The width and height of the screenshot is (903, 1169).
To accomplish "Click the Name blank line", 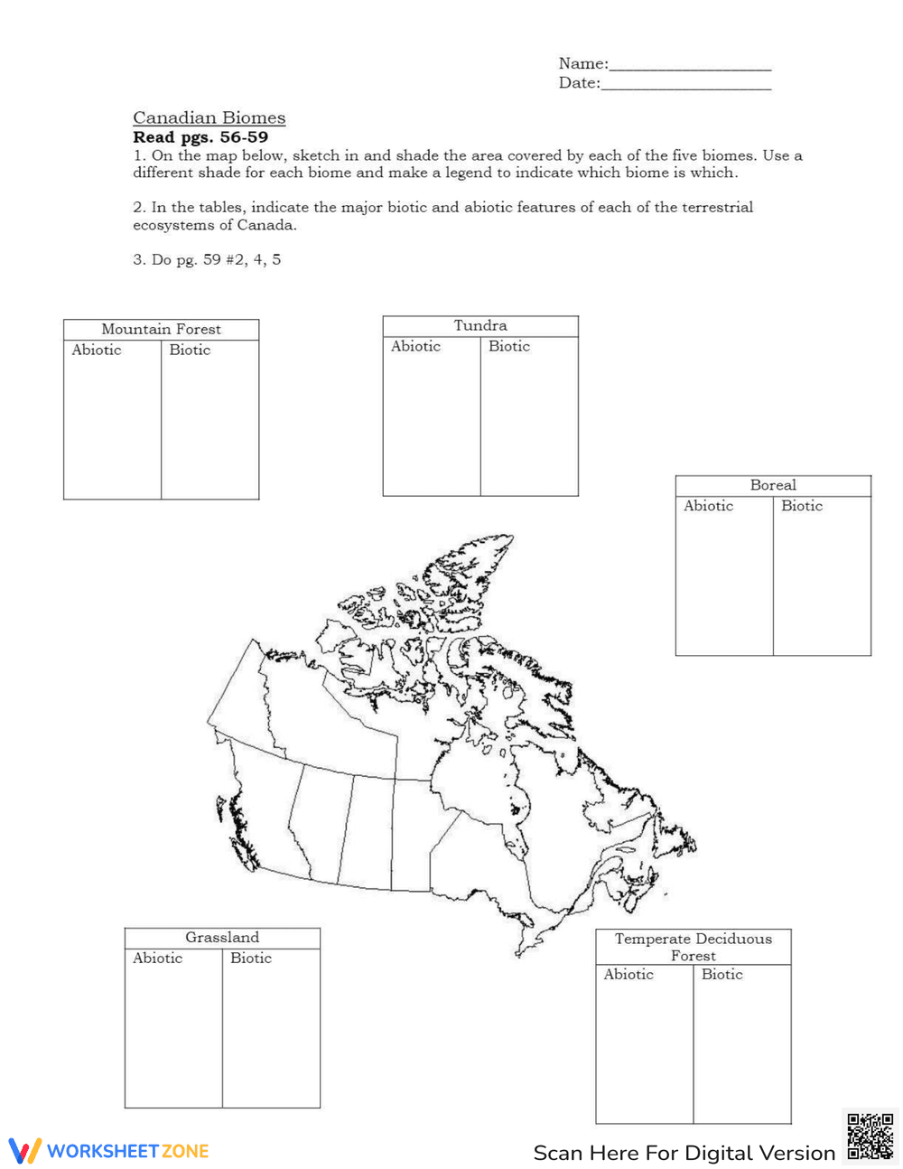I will click(x=690, y=66).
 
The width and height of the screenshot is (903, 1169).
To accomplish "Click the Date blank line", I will click(x=685, y=85).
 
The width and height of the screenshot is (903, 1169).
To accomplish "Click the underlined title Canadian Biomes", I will click(x=209, y=117).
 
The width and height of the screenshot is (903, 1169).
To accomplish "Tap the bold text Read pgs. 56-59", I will click(x=200, y=137).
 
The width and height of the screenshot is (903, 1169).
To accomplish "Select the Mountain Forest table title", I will click(x=161, y=330).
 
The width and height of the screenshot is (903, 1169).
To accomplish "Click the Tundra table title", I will click(x=480, y=326).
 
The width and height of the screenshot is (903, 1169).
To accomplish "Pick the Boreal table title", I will click(x=773, y=485).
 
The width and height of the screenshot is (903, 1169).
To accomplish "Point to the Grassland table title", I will click(x=222, y=938).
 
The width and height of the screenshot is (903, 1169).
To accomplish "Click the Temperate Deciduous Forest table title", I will click(x=694, y=947).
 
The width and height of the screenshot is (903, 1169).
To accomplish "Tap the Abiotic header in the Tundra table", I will click(x=415, y=347).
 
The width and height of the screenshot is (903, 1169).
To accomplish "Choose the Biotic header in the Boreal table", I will click(x=802, y=507).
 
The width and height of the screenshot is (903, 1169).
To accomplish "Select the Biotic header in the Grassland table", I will click(x=251, y=959).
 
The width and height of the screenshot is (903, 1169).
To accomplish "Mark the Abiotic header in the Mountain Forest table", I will click(x=97, y=351).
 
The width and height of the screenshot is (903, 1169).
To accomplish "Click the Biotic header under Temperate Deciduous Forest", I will click(x=722, y=975).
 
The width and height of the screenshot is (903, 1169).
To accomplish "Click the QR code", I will click(x=870, y=1136).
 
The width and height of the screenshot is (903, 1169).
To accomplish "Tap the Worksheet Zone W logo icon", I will click(x=24, y=1150).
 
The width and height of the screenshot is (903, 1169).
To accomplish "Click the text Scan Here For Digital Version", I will click(x=684, y=1153).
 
